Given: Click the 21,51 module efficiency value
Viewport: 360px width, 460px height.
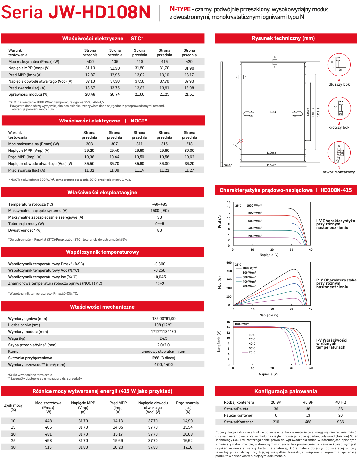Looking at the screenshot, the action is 189,94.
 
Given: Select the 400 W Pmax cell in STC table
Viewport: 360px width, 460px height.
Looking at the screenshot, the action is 90,62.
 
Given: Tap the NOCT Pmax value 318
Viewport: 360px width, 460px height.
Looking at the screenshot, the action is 189,144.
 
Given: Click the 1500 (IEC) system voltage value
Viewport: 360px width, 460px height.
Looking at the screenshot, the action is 159,211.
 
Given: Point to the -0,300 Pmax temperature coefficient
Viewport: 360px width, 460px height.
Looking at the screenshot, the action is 159,264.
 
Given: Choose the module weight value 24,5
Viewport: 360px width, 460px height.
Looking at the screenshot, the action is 163,338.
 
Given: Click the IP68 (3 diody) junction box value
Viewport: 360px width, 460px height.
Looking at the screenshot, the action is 163,358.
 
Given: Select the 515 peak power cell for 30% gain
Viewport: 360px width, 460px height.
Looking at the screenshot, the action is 48,447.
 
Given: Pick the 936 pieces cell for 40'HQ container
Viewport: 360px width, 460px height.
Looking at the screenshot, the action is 340,422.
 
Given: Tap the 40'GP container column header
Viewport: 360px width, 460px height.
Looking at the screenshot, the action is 308,402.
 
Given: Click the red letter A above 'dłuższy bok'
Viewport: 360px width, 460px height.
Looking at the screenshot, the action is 339,80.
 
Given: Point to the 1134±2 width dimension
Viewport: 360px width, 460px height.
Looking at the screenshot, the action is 271,165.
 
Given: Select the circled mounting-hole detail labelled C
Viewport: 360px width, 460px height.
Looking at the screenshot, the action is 339,153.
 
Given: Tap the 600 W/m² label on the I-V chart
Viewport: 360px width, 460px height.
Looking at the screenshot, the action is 255,221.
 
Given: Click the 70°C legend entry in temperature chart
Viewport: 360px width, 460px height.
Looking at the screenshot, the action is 252,352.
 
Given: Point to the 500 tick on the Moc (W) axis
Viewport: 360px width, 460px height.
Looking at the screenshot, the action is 229,263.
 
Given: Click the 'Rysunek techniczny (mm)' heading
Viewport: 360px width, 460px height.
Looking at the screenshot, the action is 283,38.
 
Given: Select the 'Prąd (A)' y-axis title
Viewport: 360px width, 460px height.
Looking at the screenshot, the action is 220,222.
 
